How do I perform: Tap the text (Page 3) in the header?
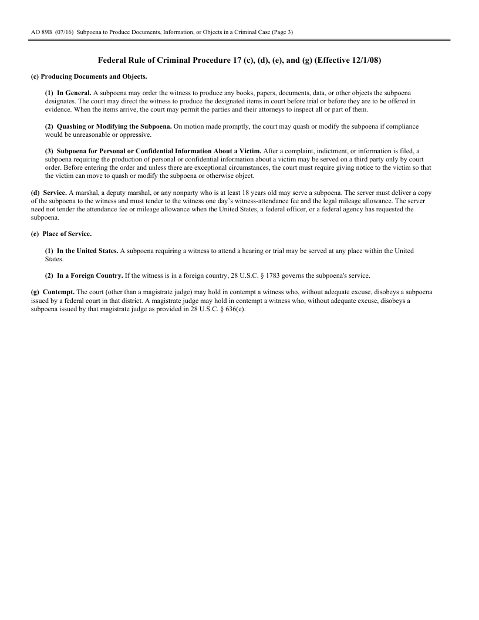[281, 32]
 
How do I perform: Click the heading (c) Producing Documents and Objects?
[89, 77]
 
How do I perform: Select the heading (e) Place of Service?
[61, 234]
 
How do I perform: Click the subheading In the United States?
[87, 251]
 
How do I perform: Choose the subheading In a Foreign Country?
[90, 275]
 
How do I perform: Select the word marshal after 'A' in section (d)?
[84, 192]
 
